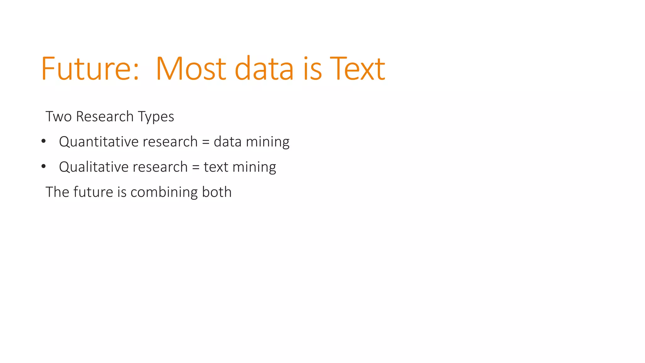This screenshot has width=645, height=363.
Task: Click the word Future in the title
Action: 85,69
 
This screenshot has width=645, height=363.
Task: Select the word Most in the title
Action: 191,69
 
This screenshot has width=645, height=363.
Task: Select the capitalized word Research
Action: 105,117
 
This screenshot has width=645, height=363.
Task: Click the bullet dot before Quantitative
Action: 43,141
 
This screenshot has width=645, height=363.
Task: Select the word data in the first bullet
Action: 227,142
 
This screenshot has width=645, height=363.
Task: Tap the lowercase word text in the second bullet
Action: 216,167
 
